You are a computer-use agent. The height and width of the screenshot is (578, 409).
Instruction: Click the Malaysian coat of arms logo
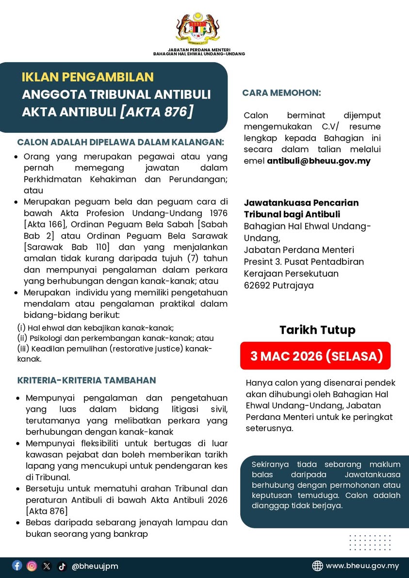(198, 29)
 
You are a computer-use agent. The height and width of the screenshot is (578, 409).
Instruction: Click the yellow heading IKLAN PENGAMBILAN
(87, 77)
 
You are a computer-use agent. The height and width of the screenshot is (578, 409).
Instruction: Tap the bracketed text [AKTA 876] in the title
(156, 112)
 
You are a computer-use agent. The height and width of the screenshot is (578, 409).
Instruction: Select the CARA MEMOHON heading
(281, 93)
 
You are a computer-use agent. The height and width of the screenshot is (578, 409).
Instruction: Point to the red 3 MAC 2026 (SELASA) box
(315, 356)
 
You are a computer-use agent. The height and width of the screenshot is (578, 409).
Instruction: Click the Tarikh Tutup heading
(317, 330)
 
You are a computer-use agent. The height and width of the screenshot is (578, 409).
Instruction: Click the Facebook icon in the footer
(17, 565)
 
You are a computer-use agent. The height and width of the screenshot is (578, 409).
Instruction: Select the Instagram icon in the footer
(32, 565)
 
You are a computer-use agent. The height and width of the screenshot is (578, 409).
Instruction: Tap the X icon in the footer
(47, 565)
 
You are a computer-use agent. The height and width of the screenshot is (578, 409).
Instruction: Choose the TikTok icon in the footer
(62, 565)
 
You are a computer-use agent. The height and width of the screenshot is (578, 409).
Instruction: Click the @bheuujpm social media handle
(95, 566)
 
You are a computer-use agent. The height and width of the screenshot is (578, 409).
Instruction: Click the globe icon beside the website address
(317, 566)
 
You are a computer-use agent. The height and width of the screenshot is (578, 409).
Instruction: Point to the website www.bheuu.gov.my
(362, 566)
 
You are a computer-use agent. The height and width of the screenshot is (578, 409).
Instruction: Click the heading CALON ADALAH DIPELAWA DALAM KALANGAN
(121, 142)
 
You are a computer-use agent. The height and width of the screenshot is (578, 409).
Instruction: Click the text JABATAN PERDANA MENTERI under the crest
(199, 50)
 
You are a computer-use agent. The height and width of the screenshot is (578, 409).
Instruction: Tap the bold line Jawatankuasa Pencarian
(301, 203)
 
